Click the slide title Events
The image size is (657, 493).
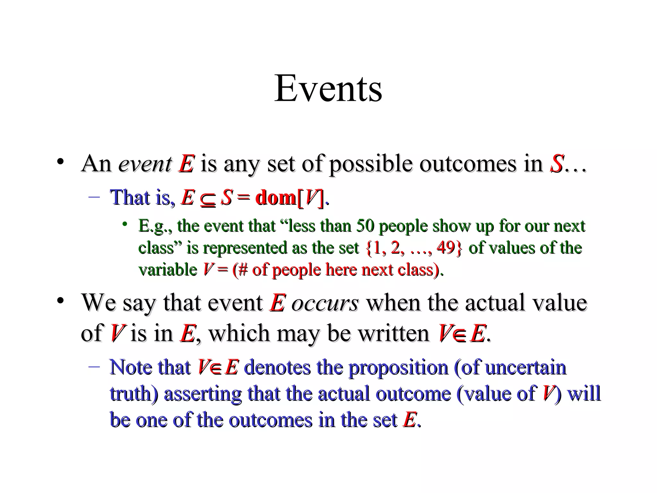(x=328, y=88)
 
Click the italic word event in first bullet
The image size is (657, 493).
(x=145, y=164)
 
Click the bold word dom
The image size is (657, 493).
(x=276, y=197)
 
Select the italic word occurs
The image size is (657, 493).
(x=325, y=303)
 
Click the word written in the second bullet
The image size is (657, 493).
(x=394, y=333)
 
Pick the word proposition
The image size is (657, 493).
(x=398, y=368)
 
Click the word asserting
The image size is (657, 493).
(x=202, y=394)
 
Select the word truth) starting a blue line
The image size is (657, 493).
(x=134, y=394)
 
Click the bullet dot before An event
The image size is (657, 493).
(x=60, y=162)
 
